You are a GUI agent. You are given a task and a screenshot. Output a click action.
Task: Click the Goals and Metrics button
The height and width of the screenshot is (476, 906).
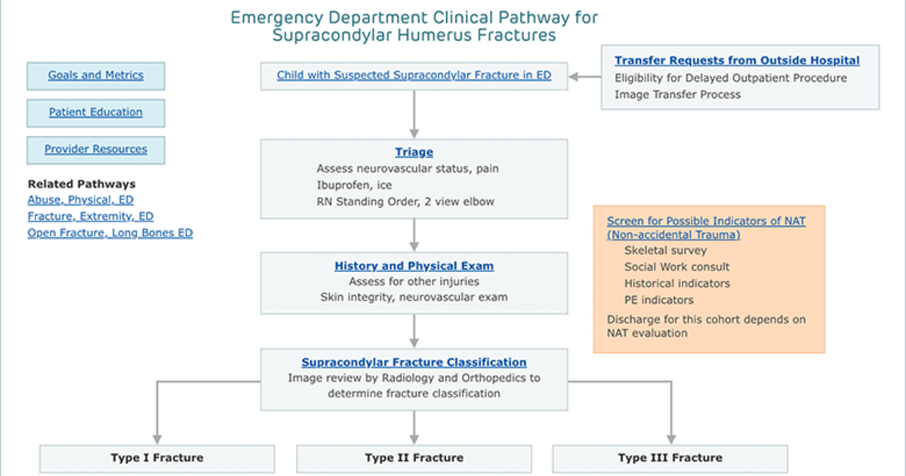96,76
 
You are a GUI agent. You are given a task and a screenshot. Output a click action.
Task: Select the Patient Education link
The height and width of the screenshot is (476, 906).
96,112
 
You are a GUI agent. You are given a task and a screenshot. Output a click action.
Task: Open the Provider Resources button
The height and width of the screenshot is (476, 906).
96,150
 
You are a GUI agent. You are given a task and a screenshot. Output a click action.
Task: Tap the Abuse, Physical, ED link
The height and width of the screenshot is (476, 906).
81,200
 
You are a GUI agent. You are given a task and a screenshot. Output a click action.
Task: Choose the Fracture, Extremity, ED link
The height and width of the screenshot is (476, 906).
91,217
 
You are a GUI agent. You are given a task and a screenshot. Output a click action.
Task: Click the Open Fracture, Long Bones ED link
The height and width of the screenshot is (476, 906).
110,233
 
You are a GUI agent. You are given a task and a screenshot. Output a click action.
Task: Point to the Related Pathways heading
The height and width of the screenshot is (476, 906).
82,184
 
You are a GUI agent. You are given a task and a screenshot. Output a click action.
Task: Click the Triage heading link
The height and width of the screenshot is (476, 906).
414,152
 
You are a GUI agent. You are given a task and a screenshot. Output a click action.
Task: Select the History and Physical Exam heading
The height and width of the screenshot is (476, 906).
414,266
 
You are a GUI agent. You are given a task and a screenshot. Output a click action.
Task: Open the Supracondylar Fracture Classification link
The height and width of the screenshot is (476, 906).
414,362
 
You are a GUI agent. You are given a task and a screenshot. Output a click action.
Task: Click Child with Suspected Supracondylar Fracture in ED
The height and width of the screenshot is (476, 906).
414,76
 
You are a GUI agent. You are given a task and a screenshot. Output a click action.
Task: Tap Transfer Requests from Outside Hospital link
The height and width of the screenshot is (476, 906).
738,60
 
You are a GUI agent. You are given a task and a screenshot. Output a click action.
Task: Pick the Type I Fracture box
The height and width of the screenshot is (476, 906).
157,459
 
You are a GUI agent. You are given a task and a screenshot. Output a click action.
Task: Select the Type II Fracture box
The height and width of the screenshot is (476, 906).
414,459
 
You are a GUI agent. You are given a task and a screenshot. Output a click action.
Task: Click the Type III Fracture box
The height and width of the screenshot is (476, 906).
670,459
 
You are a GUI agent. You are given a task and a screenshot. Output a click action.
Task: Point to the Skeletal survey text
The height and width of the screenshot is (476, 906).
666,251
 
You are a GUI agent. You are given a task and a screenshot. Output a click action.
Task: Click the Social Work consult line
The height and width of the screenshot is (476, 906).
677,267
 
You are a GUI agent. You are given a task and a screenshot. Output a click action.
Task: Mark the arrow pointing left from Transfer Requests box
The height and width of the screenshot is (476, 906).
585,76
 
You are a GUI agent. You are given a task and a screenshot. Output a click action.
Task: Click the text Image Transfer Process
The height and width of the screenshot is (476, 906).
678,94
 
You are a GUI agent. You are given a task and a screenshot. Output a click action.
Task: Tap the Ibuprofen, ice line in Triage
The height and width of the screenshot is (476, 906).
354,185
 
